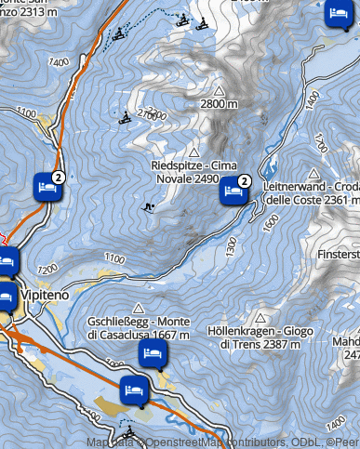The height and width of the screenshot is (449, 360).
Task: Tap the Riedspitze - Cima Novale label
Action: point(193,171)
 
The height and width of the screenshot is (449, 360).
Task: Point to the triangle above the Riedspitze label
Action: point(194,152)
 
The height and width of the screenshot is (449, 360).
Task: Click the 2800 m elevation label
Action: point(219,106)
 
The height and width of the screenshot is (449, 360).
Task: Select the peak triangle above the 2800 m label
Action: point(220,91)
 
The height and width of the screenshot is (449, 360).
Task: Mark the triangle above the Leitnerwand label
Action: point(313,173)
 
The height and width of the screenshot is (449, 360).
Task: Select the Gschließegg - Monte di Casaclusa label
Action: point(140,327)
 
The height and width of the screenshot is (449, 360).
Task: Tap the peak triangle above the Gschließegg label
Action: point(139,308)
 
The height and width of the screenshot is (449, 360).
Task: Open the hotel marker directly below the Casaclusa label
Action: point(153,354)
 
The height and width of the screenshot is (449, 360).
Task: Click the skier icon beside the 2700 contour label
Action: point(126,118)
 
